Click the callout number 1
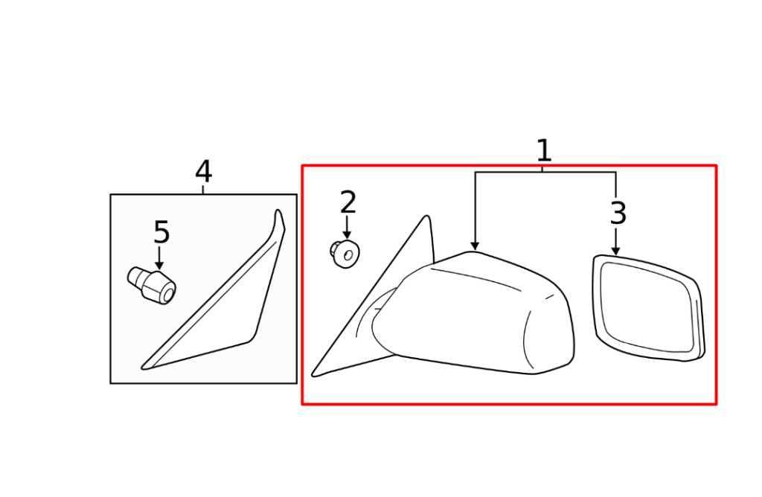click(544, 150)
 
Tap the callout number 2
click(348, 202)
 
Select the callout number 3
click(618, 213)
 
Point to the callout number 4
click(204, 172)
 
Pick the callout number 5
click(161, 232)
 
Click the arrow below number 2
click(347, 228)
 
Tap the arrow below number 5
click(159, 257)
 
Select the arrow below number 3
click(615, 242)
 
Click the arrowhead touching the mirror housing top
click(476, 246)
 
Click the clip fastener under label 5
click(152, 285)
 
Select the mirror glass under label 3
click(648, 308)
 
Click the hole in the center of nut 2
click(349, 254)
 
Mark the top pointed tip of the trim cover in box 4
click(278, 210)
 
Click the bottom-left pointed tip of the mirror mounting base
click(313, 374)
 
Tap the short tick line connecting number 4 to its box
click(203, 190)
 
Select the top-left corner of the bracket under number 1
click(476, 172)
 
